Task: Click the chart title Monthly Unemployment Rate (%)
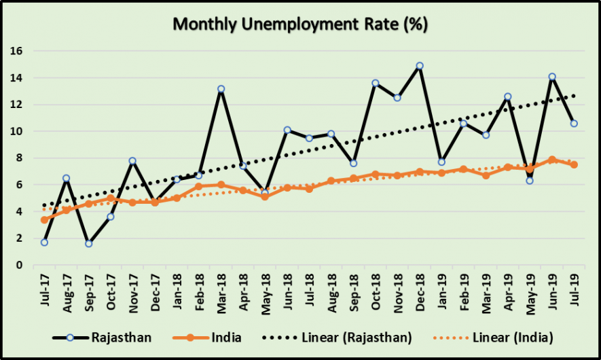pyautogui.click(x=299, y=24)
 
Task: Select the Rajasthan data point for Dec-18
pyautogui.click(x=420, y=66)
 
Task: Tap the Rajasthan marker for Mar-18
pyautogui.click(x=221, y=89)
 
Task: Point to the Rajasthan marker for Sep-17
pyautogui.click(x=89, y=243)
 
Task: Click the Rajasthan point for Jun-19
pyautogui.click(x=552, y=77)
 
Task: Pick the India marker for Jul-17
pyautogui.click(x=45, y=219)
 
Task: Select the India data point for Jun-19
pyautogui.click(x=552, y=160)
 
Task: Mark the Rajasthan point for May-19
pyautogui.click(x=530, y=181)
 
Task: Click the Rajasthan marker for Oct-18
pyautogui.click(x=376, y=83)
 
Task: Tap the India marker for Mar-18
pyautogui.click(x=221, y=185)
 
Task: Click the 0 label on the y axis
pyautogui.click(x=20, y=265)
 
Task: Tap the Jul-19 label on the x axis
pyautogui.click(x=575, y=288)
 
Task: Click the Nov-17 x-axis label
pyautogui.click(x=134, y=288)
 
